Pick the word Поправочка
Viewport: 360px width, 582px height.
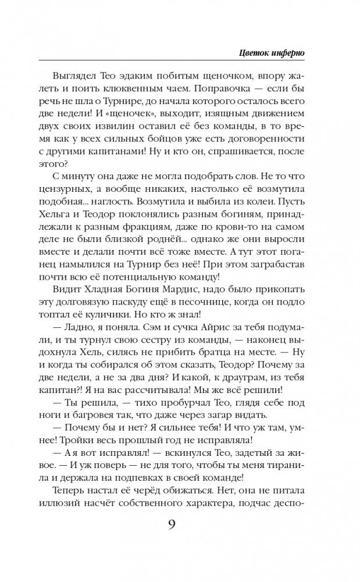click(218, 92)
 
